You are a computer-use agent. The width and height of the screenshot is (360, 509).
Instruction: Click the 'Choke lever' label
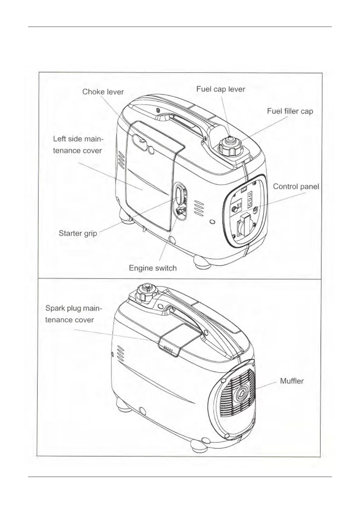[103, 92]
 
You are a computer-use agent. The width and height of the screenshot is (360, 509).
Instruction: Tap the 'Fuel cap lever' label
[221, 89]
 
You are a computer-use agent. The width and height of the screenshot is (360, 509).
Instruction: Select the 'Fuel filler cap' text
[290, 111]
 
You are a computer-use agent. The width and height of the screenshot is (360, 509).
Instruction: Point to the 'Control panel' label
[296, 186]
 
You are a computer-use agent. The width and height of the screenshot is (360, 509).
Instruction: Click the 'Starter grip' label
[78, 233]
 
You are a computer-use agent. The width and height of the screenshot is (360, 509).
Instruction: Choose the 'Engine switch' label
[152, 268]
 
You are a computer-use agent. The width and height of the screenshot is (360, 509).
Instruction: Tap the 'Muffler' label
[292, 381]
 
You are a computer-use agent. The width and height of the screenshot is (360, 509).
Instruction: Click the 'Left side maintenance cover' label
[78, 145]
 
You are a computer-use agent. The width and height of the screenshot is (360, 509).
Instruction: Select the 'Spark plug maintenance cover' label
[73, 314]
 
